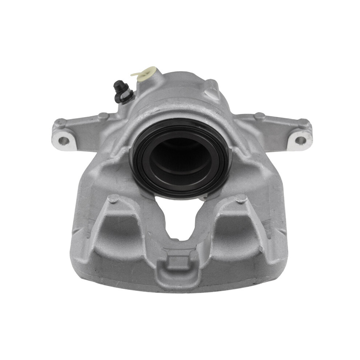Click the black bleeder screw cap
coord(119,87)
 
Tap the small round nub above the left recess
coord(114,199)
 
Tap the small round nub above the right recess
coord(240,199)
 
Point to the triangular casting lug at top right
coord(212,89)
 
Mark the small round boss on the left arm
coord(103,116)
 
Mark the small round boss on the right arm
coord(259,116)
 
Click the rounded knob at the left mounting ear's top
coord(60,123)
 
